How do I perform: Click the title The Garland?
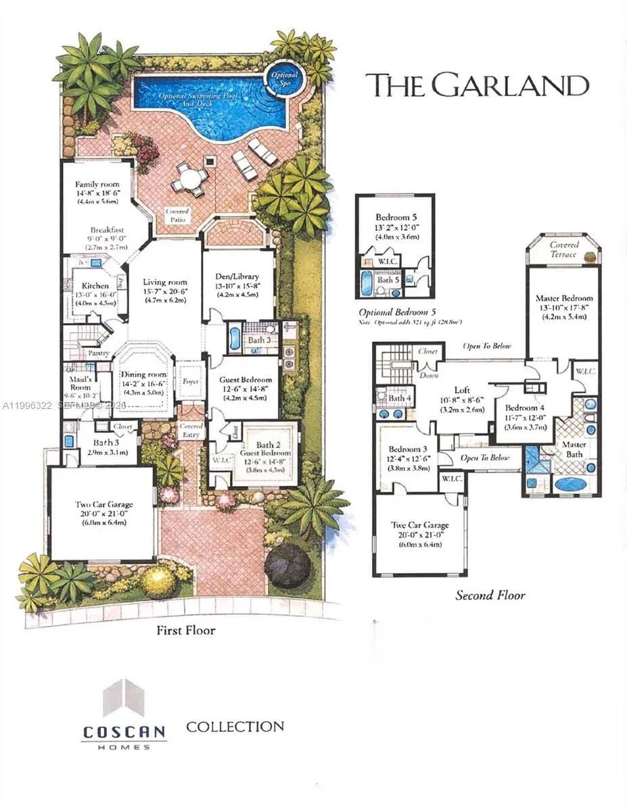477,86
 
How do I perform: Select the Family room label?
97,184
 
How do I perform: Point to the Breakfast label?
107,230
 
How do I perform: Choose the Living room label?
164,282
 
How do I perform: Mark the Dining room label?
143,374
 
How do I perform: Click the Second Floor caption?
490,595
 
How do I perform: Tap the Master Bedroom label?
563,298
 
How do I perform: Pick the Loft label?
462,389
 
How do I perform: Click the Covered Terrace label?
563,249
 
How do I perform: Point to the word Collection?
235,727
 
